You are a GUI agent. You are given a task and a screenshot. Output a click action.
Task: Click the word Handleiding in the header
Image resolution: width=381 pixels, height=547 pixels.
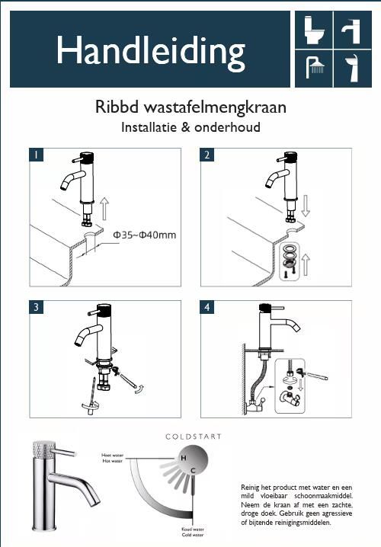point(150,51)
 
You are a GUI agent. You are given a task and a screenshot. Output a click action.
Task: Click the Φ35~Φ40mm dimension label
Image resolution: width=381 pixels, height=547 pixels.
point(144,235)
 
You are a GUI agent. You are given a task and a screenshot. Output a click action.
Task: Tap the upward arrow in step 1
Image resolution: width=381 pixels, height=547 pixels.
point(104,208)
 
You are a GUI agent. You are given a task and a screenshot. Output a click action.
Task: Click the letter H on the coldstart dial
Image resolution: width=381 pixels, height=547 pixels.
point(182,457)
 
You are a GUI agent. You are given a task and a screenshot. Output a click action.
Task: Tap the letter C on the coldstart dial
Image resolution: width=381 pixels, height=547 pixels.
point(194,470)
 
